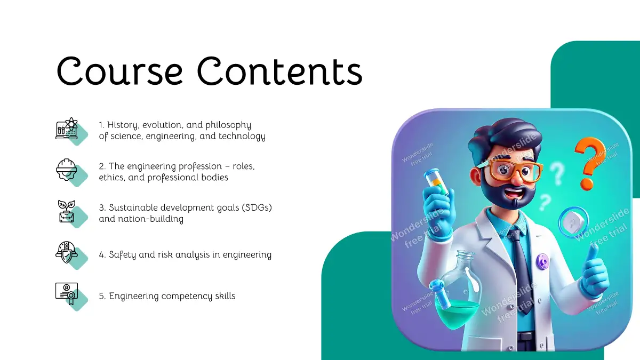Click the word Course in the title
click(x=119, y=71)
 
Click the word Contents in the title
click(x=279, y=71)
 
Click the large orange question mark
click(x=589, y=163)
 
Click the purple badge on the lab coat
click(x=542, y=261)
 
